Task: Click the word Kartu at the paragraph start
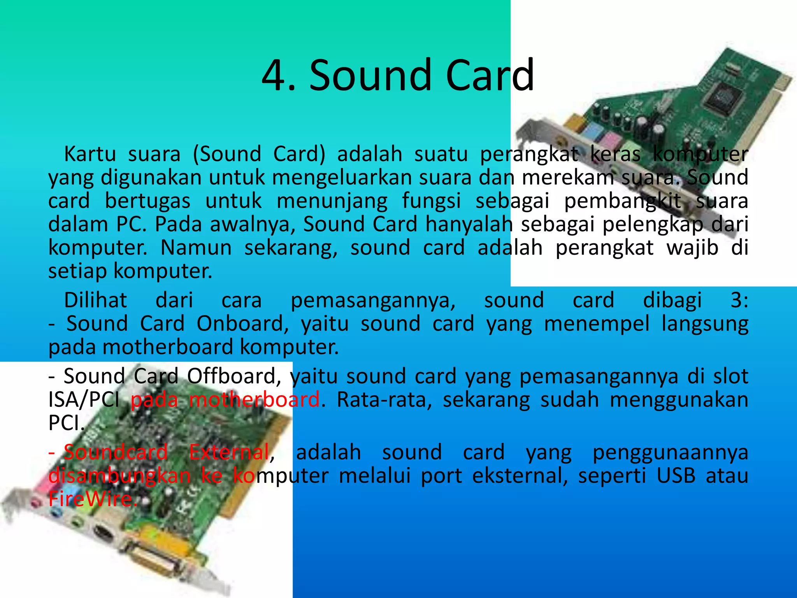[x=90, y=154]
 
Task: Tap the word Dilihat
[x=95, y=300]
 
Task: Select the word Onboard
[x=242, y=324]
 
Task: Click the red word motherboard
[x=255, y=400]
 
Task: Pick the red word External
[x=229, y=452]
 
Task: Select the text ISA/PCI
[x=84, y=400]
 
